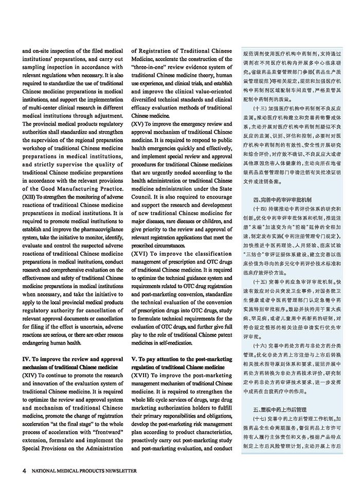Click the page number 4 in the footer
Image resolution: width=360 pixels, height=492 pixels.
(24, 471)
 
